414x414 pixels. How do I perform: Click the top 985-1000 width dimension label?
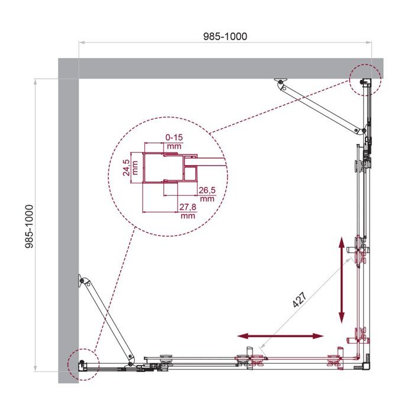[225, 36]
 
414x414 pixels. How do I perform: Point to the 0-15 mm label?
[173, 141]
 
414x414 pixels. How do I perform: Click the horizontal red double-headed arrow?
[284, 336]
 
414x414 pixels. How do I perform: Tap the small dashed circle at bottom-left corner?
[82, 364]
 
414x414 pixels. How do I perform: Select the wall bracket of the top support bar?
[281, 81]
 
